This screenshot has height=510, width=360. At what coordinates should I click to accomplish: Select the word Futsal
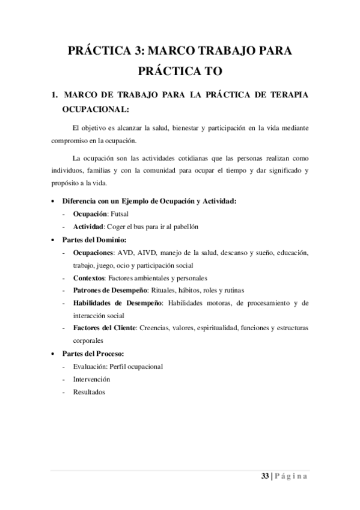[119, 214]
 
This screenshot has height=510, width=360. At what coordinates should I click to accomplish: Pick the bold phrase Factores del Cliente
[105, 328]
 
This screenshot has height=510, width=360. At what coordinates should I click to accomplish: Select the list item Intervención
[91, 379]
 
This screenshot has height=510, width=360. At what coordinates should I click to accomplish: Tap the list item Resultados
[89, 392]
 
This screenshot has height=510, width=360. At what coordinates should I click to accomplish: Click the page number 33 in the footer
[265, 476]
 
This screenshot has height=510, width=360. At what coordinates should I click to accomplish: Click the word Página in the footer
[292, 476]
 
